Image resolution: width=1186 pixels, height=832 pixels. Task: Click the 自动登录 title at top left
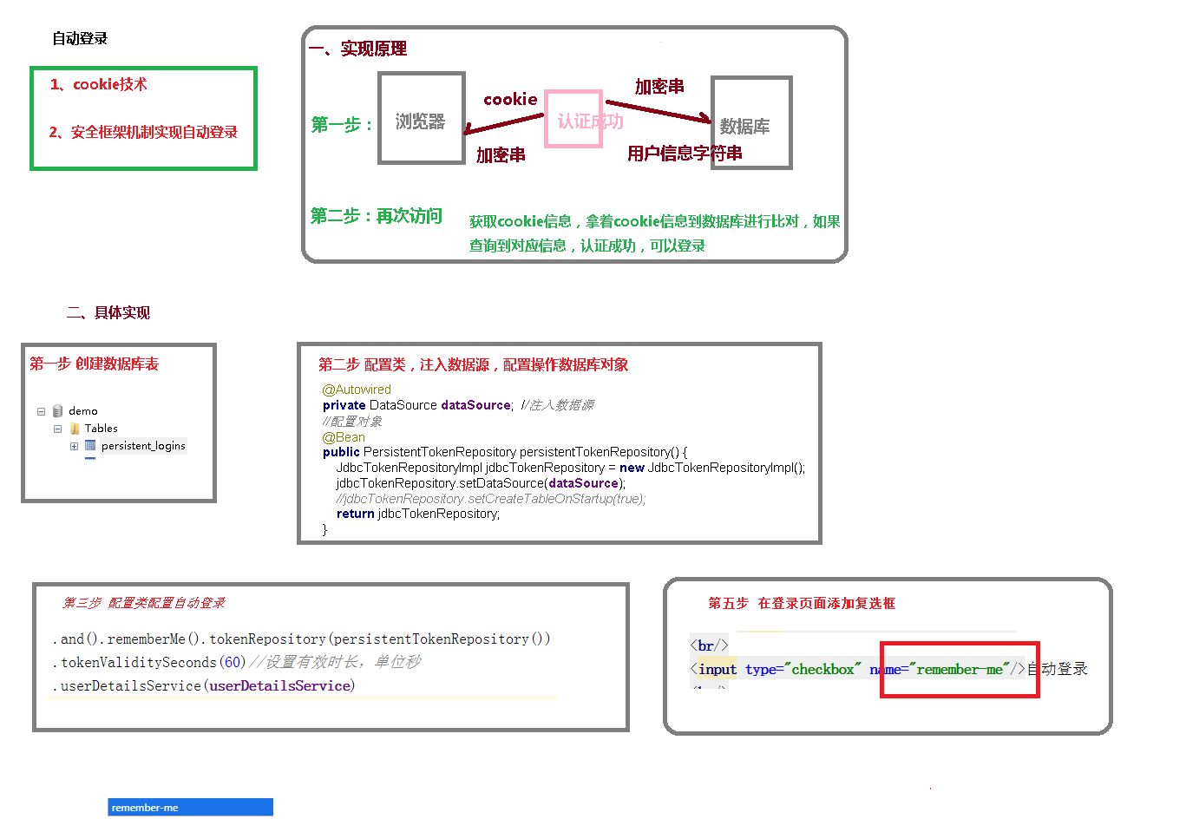point(80,38)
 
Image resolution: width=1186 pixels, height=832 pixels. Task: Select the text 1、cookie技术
point(98,84)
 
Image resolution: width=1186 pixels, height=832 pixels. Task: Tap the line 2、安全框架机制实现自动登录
point(143,132)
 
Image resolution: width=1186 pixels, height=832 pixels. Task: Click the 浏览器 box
point(421,121)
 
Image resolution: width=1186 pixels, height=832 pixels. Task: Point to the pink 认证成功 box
point(573,120)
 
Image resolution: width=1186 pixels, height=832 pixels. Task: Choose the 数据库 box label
point(745,127)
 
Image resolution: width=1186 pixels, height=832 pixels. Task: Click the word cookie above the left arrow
point(510,100)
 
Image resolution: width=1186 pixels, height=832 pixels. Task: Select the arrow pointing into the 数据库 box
point(659,110)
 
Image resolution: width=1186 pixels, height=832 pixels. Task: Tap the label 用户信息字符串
point(685,154)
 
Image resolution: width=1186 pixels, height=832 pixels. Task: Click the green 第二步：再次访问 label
point(377,216)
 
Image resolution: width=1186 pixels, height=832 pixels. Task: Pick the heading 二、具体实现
point(108,312)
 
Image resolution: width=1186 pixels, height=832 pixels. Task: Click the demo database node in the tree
point(82,411)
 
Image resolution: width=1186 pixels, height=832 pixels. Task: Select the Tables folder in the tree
point(101,429)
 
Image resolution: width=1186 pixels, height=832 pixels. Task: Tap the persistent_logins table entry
point(143,446)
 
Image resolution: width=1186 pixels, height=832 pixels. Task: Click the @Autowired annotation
point(357,390)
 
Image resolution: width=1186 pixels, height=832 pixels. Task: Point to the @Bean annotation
point(344,437)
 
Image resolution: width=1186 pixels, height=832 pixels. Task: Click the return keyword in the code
point(355,514)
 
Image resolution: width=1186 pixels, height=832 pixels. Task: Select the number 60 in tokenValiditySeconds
point(233,662)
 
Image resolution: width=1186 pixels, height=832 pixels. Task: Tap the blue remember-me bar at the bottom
point(190,807)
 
